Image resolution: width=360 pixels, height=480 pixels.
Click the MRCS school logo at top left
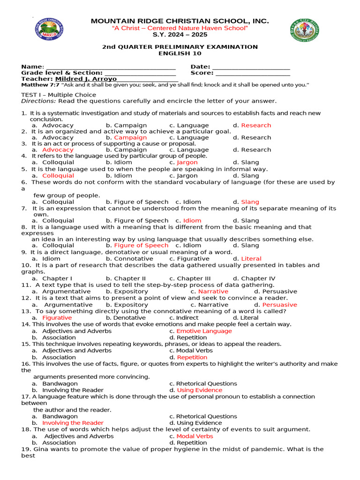point(49,31)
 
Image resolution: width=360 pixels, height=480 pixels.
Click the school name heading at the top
point(180,21)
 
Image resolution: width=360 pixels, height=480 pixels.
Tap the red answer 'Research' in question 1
point(256,125)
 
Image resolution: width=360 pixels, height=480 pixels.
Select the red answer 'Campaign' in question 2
point(130,137)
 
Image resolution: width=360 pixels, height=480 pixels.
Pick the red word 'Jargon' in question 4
point(187,162)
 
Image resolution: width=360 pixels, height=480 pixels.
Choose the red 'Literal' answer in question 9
point(251,258)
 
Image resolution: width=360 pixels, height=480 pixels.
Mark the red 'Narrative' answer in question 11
point(213,291)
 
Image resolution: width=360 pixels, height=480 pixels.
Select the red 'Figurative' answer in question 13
point(57,317)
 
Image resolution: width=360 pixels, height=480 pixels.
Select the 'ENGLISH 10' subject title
point(180,53)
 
